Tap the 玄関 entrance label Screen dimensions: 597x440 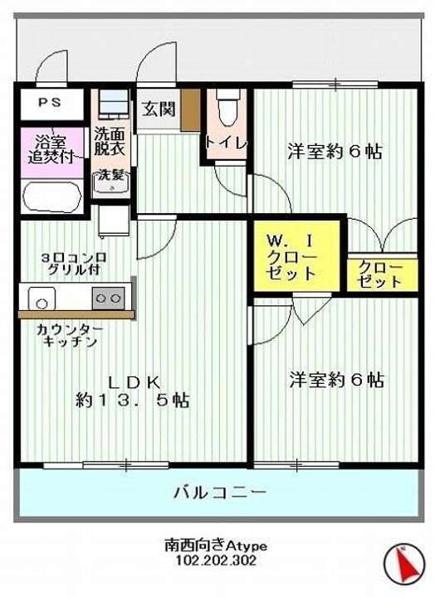point(157,108)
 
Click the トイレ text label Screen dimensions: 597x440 point(226,142)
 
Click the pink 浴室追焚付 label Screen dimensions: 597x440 point(51,148)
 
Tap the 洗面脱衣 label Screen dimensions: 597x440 point(110,142)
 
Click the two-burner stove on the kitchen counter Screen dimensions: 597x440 point(109,296)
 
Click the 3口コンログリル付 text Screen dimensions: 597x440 point(71,263)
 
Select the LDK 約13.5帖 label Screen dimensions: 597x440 point(133,391)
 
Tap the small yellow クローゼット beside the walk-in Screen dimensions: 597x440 point(379,274)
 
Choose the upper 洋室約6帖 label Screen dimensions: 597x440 point(335,152)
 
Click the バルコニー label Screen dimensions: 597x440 point(220,493)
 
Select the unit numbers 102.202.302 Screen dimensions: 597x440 point(215,561)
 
